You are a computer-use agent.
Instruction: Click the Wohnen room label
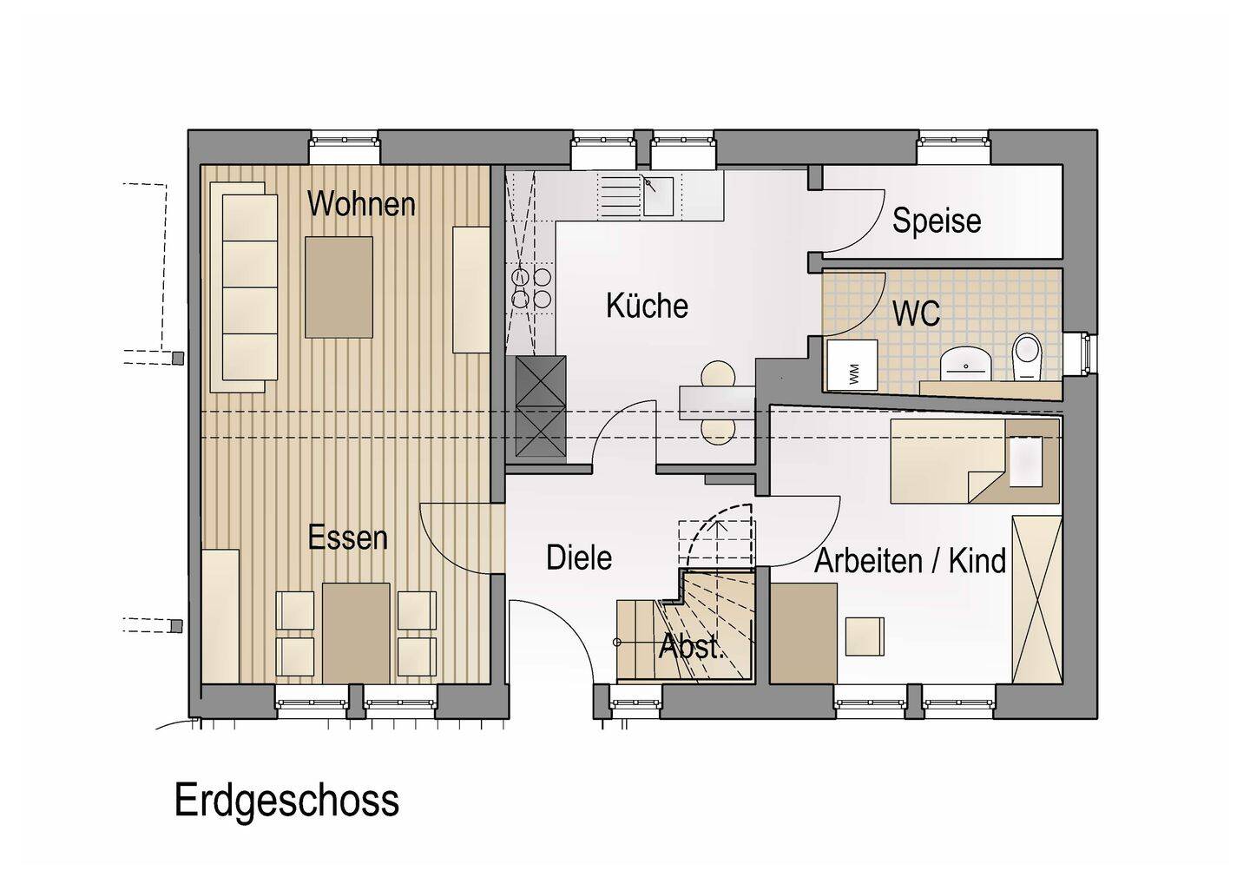click(362, 205)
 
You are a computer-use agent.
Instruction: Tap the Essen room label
click(347, 538)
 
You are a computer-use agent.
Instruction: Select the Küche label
click(647, 306)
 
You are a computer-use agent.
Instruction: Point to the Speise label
click(937, 221)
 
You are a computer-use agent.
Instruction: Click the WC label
click(917, 313)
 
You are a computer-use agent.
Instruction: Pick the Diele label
click(579, 557)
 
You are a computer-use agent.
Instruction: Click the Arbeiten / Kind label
click(910, 561)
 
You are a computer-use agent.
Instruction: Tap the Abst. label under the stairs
click(691, 647)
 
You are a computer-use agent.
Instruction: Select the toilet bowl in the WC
click(1027, 357)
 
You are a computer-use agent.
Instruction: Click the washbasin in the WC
click(965, 363)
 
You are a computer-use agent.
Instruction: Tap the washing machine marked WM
click(852, 366)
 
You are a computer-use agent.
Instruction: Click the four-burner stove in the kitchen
click(530, 287)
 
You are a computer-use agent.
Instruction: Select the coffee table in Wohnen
click(339, 287)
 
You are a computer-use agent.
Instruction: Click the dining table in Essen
click(356, 633)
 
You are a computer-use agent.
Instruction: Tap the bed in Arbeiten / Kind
click(975, 461)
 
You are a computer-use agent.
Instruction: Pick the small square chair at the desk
click(865, 637)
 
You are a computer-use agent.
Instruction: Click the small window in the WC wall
click(1087, 352)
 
